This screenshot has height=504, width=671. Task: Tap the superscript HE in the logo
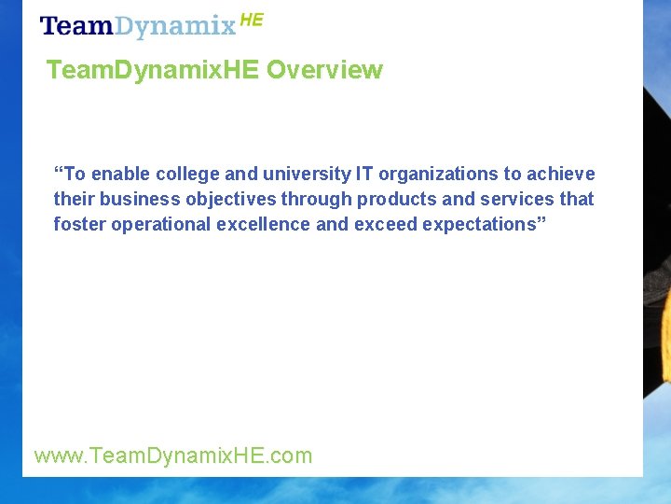[x=252, y=20]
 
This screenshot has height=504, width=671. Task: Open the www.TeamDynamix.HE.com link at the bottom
[x=173, y=455]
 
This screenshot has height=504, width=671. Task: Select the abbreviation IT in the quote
[x=363, y=174]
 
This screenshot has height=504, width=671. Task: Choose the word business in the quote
[x=139, y=199]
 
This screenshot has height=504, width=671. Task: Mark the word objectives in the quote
[x=233, y=199]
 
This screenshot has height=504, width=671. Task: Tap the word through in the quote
[x=317, y=199]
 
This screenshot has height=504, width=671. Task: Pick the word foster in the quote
[x=79, y=224]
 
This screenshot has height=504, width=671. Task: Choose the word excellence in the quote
[x=265, y=224]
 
